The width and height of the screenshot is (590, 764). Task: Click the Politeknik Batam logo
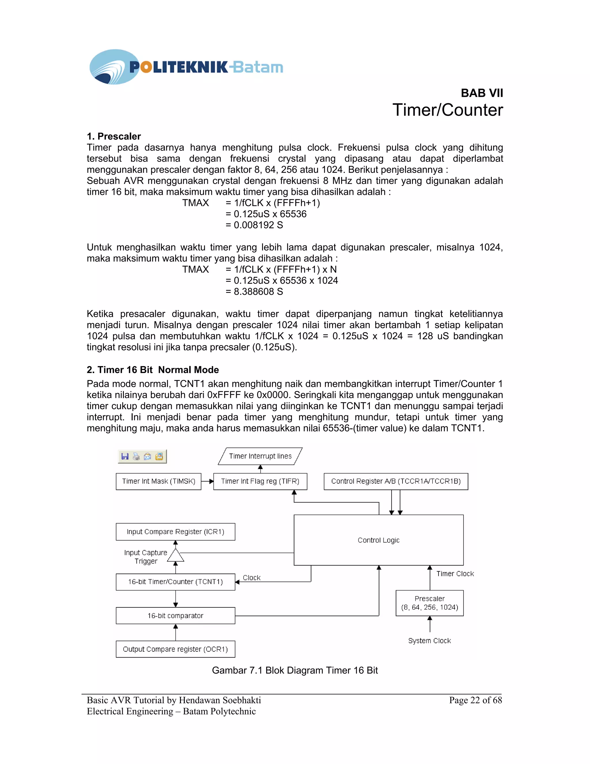pos(186,67)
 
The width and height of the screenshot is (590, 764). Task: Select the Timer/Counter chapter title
pos(447,110)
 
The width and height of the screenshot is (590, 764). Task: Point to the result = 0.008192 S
pos(254,225)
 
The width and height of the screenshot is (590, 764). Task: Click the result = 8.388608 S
pos(254,291)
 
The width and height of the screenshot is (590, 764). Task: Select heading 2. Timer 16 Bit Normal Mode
pos(153,370)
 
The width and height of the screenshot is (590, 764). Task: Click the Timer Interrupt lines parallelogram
pos(260,456)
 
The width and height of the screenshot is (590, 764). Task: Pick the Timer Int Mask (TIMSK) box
pos(158,481)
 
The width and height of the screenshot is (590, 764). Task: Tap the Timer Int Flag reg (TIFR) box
pos(260,481)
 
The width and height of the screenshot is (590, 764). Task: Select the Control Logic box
pos(379,540)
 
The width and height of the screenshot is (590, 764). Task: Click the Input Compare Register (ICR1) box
pos(175,532)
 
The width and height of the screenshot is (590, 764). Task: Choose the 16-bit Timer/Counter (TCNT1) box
pos(175,582)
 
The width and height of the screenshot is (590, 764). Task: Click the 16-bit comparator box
pos(175,616)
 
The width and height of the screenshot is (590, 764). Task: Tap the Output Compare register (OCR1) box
pos(175,649)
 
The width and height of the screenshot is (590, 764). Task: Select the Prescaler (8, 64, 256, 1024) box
pos(430,603)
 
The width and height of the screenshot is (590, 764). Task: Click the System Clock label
pos(430,641)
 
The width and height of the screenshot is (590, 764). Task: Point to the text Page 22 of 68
pos(475,700)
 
